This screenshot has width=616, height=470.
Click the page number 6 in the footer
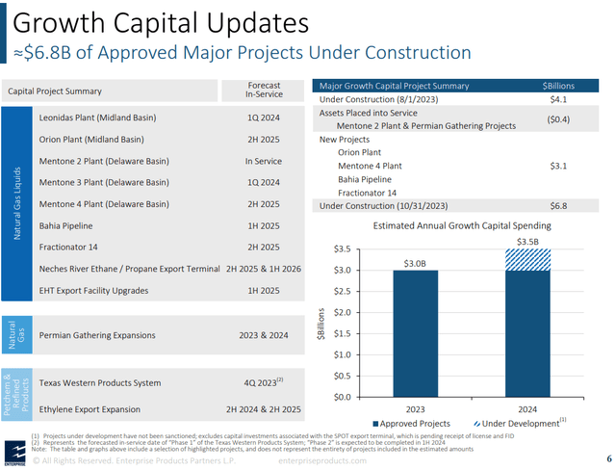(607, 458)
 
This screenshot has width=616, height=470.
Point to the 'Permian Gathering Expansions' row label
(96, 335)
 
